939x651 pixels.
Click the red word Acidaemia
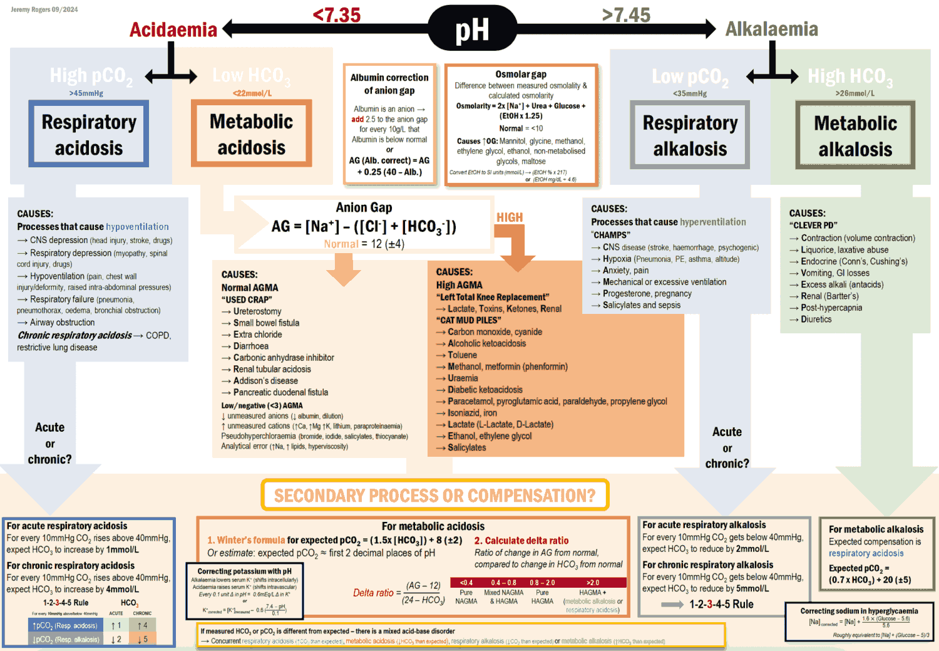coord(173,29)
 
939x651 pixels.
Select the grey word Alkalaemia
coord(771,29)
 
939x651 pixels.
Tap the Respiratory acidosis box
coord(89,134)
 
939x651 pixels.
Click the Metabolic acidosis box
coord(251,134)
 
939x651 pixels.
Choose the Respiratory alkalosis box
coord(690,135)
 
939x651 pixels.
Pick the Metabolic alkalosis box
coord(855,136)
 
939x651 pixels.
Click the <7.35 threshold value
coord(337,14)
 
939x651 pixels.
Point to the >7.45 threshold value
coord(626,14)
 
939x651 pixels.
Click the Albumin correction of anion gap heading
coord(389,84)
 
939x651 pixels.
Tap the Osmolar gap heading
coord(521,75)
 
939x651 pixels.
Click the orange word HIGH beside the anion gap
coord(510,217)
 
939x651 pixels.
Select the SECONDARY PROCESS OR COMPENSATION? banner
coord(434,496)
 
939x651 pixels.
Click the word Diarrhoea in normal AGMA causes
coord(251,346)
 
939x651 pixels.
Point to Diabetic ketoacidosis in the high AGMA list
coord(485,390)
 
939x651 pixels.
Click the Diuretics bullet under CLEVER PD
coord(816,320)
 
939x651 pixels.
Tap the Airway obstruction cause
coord(63,323)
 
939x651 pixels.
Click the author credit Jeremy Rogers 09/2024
coord(44,9)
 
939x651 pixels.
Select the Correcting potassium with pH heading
coord(244,571)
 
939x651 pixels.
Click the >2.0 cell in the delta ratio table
coord(593,583)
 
